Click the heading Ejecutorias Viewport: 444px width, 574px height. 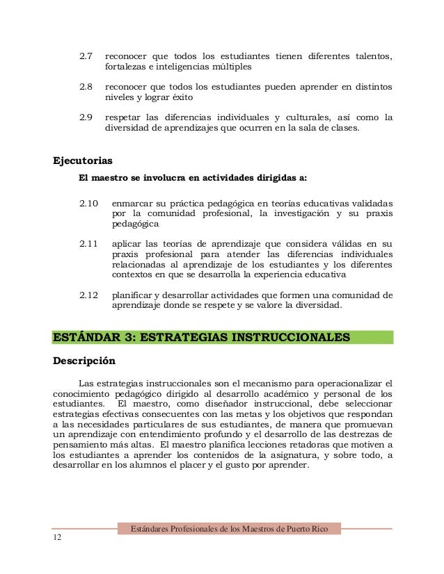tap(83, 161)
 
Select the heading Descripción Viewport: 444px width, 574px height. tap(84, 361)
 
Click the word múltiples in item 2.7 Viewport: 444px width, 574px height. tap(229, 67)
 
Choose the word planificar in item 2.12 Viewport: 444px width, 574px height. tap(132, 295)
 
